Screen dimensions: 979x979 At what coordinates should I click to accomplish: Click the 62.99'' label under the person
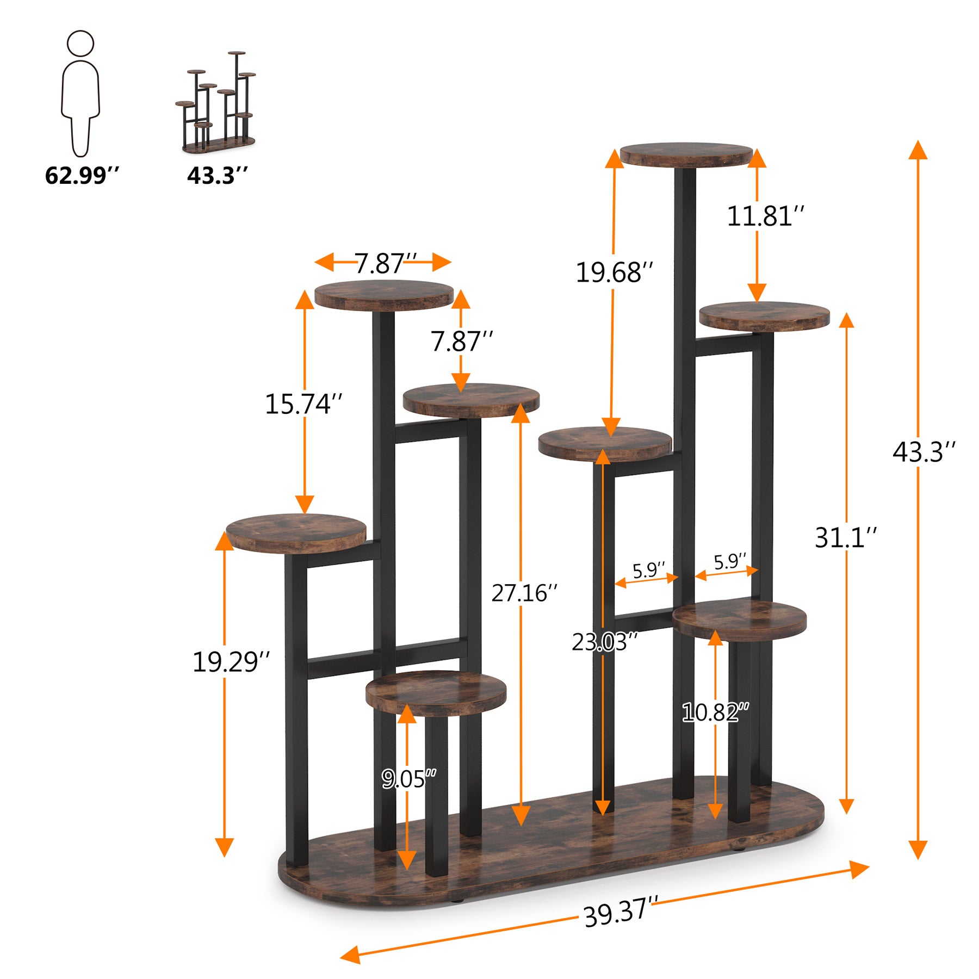[x=82, y=176]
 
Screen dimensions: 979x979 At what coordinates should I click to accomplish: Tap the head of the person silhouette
[x=80, y=43]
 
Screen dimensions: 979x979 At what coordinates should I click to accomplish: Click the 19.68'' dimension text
[x=614, y=272]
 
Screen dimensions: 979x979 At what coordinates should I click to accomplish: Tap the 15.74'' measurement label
[x=303, y=404]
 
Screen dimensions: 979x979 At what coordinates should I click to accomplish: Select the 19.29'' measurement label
[x=231, y=662]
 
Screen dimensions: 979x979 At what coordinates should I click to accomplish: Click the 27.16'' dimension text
[x=524, y=593]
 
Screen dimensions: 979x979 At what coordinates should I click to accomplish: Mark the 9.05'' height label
[x=408, y=779]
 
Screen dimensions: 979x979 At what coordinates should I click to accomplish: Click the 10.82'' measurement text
[x=715, y=712]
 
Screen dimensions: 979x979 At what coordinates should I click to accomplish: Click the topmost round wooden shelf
[x=686, y=155]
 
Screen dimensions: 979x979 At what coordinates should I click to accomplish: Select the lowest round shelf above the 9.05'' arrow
[x=436, y=692]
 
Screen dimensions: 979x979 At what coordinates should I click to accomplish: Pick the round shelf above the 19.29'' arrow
[x=296, y=533]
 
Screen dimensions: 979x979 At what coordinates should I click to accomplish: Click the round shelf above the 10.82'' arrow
[x=740, y=620]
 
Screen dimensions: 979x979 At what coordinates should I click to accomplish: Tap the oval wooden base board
[x=549, y=848]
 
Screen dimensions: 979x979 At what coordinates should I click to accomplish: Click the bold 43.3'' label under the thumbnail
[x=218, y=176]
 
